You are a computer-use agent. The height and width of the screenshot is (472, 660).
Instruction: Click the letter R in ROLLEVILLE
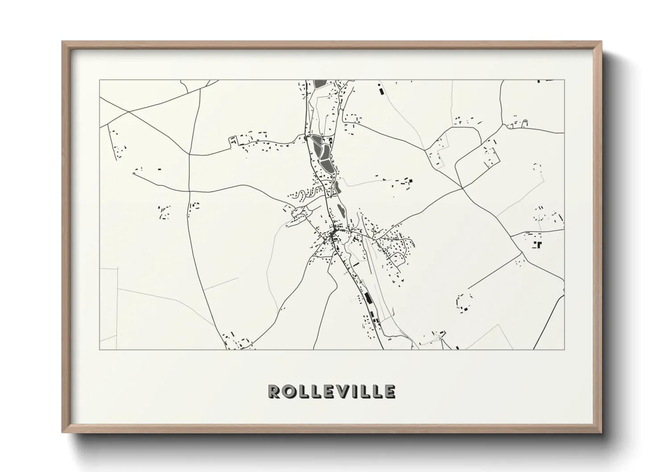pos(274,391)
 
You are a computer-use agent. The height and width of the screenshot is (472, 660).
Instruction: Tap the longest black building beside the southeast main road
pos(368,298)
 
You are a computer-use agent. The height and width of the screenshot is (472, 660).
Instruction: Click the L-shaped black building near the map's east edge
pos(538,244)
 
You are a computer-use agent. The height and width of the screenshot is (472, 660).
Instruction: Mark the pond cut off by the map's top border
pos(320,83)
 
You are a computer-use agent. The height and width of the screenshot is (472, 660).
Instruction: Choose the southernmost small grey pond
pos(341,208)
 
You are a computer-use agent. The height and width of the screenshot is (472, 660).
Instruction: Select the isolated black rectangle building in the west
pos(159,169)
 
